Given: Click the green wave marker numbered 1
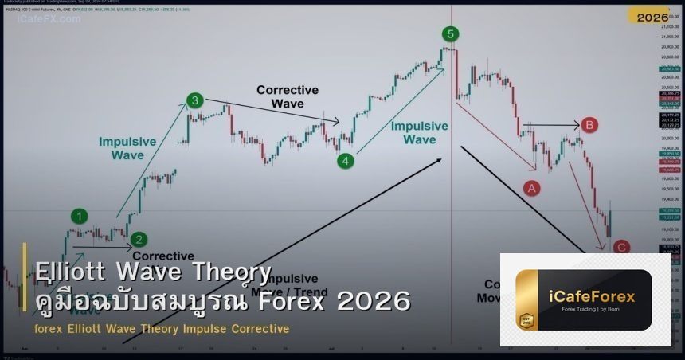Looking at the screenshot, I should [x=80, y=216].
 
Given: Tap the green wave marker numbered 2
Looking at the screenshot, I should [x=139, y=239].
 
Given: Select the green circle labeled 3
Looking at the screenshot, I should [x=195, y=100].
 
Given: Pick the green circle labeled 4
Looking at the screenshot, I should [x=345, y=160].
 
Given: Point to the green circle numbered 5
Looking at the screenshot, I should [x=452, y=33].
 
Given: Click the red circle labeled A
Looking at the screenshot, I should [x=530, y=187].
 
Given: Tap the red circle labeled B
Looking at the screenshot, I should [x=589, y=125].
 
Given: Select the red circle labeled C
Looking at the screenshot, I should [x=621, y=248].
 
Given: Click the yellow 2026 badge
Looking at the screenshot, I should [x=652, y=16].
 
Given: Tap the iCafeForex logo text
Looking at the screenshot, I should [x=591, y=296].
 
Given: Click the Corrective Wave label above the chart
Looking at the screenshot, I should [x=288, y=96].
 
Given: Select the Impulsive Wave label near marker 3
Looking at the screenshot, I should [x=127, y=148].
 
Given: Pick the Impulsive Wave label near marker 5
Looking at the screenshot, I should [x=419, y=132].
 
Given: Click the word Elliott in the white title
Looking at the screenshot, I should [x=72, y=272].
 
